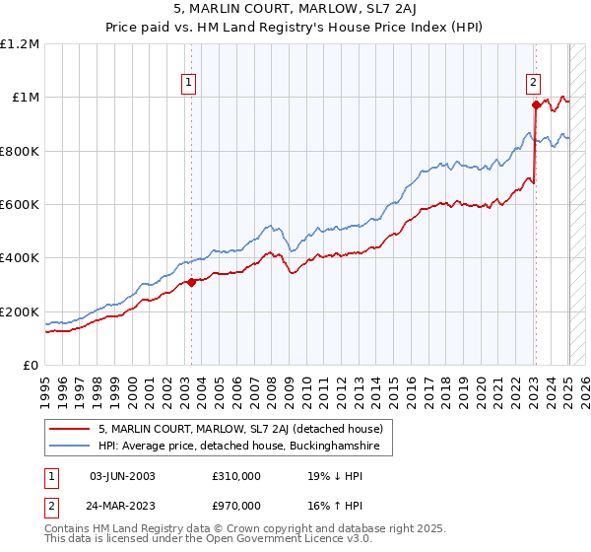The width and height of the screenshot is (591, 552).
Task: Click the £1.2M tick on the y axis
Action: tap(19, 43)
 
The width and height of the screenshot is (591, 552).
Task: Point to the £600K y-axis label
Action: tap(19, 204)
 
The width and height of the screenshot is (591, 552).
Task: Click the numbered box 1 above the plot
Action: tap(187, 84)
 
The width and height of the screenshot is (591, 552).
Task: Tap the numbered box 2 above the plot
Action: tap(533, 84)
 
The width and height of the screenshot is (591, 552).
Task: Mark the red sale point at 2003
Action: tap(192, 282)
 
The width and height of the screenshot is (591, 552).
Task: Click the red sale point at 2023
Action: tap(536, 104)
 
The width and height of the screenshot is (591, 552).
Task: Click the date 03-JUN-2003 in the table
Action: tap(122, 476)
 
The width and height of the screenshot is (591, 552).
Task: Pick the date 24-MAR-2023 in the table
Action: tap(122, 508)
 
